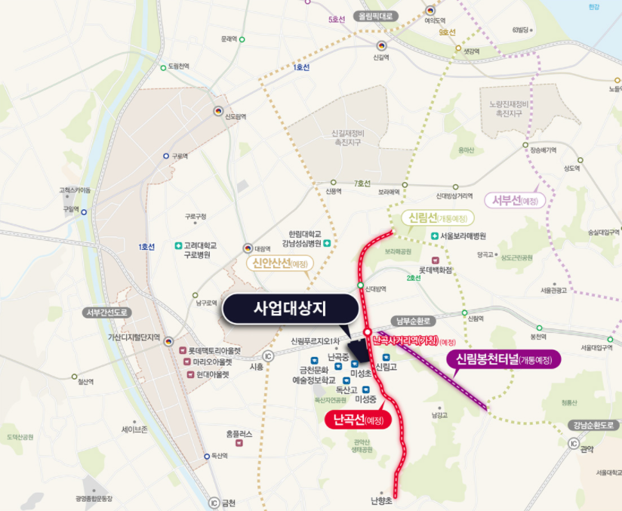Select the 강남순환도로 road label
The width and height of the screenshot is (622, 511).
590,425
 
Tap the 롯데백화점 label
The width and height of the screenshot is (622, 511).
436,269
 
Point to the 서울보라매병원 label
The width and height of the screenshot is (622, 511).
463,236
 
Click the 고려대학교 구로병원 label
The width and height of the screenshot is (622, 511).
199,251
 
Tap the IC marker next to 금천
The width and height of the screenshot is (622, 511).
214,503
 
